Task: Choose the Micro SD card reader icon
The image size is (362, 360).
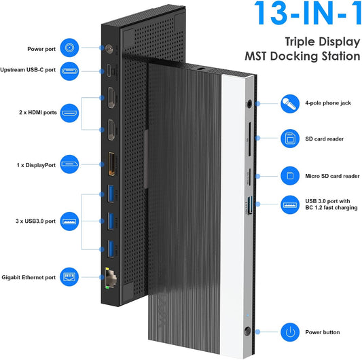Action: (291, 175)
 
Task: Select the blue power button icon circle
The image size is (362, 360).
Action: (291, 333)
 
